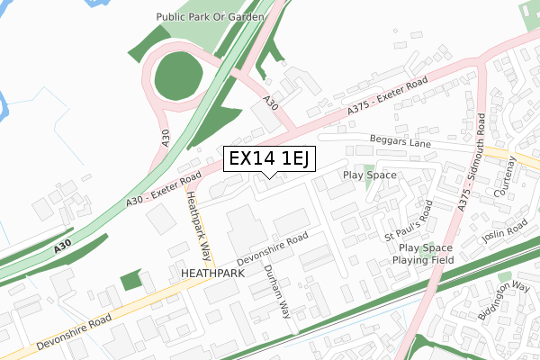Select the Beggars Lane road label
(400, 141)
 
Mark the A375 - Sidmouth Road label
(473, 166)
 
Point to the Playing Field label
(424, 260)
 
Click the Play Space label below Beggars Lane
(370, 175)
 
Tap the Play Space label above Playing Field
(425, 247)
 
